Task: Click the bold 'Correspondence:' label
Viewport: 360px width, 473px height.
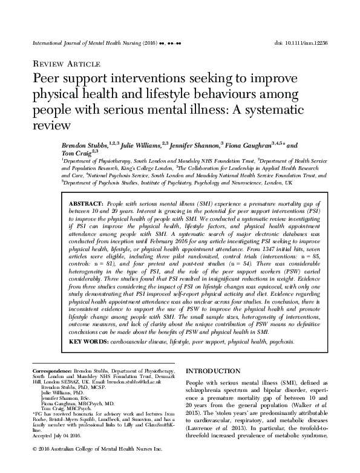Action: tap(48, 370)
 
